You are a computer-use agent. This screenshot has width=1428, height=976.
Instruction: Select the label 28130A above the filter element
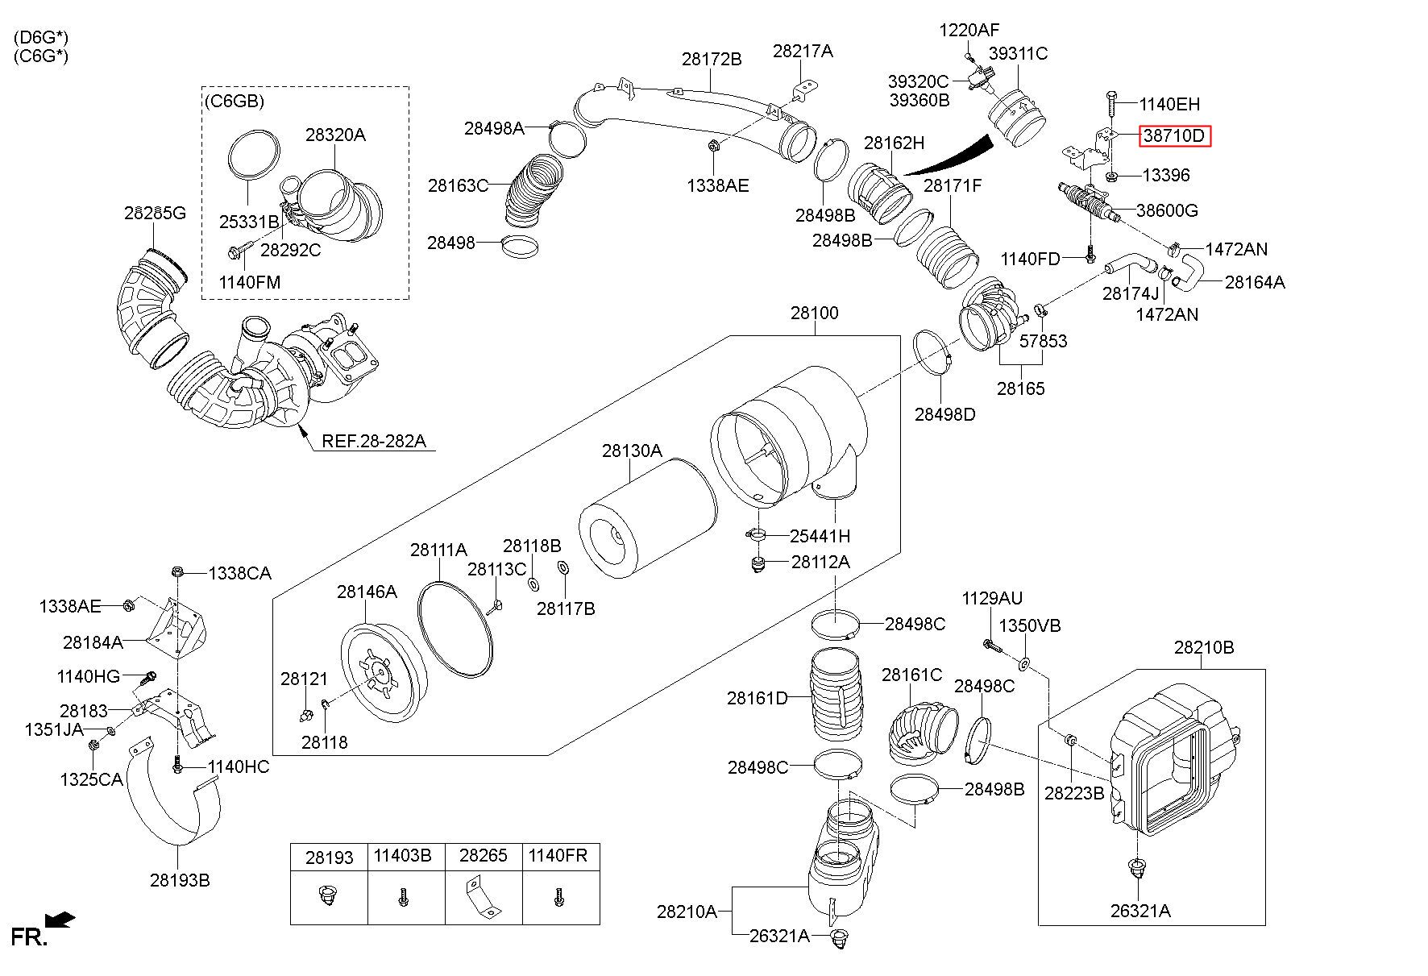coord(632,451)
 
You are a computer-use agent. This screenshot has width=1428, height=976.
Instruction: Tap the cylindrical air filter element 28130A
coord(648,521)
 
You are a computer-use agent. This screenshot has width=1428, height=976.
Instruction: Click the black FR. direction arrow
coord(60,919)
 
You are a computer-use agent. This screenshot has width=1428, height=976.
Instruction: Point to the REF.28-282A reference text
coord(373,441)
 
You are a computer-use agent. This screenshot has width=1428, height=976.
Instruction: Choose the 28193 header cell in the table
coord(329,858)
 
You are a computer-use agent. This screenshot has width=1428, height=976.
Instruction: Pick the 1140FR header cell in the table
coord(558,856)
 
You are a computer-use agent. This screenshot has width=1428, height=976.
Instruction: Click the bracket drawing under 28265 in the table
coord(483,897)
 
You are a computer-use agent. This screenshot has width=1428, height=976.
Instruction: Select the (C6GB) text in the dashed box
coord(234,102)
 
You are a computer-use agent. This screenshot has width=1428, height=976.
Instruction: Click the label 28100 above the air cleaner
coord(814,313)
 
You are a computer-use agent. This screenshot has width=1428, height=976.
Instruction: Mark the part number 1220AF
coord(969,31)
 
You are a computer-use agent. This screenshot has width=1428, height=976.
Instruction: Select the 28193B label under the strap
coord(180,879)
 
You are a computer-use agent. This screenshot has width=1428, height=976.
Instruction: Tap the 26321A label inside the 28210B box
coord(1140,911)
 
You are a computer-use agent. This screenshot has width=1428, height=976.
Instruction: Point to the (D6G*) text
coord(41,38)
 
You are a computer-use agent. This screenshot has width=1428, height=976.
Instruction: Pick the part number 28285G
coord(155,213)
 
